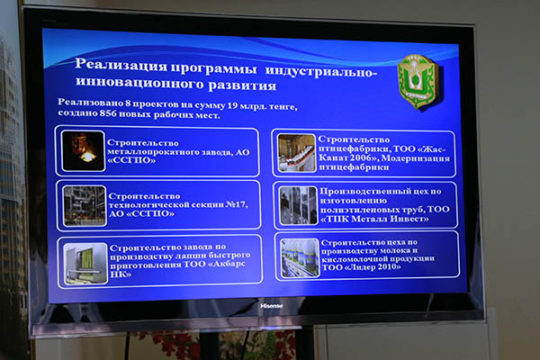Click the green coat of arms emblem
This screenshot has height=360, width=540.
418,81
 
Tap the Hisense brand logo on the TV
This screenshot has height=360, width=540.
272,306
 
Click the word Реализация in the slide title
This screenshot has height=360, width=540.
121,65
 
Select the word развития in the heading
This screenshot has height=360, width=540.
242,85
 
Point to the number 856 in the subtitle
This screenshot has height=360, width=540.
108,113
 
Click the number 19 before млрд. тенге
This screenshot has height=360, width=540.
232,105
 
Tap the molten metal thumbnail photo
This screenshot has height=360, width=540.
84,151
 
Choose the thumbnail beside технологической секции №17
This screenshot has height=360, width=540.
85,206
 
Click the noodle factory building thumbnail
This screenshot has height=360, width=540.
85,264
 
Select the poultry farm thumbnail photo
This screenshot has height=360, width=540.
296,153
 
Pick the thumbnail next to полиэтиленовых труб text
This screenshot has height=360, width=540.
298,206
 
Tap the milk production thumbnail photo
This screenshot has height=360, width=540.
300,258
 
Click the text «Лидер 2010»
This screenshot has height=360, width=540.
373,267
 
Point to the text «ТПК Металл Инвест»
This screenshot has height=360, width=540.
374,219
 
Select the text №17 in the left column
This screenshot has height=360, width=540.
236,204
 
